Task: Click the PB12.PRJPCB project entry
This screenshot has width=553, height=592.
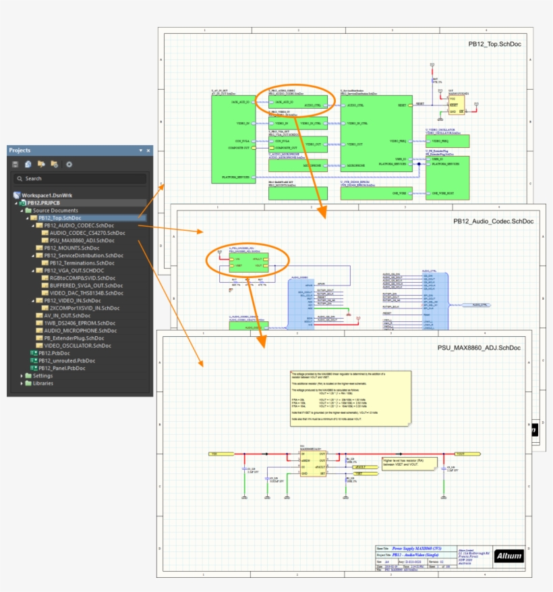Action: point(45,203)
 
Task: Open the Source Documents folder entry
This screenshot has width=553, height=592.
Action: point(55,211)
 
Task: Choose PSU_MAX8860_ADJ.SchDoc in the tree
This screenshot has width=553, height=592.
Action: point(82,240)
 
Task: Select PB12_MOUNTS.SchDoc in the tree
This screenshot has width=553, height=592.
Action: point(71,248)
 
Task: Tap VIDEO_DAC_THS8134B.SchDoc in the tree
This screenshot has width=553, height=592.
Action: point(86,293)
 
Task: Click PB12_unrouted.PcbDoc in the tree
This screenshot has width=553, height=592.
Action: point(66,360)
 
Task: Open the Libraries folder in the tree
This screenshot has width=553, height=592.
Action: point(43,383)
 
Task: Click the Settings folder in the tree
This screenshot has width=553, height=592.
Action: point(42,375)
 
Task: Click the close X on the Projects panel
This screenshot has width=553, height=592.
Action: point(148,151)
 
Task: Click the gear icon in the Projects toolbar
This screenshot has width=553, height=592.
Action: point(68,164)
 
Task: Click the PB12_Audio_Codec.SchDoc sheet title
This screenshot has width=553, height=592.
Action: point(493,221)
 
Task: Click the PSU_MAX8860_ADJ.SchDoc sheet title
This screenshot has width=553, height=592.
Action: point(479,348)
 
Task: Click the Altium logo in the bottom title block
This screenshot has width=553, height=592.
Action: point(508,556)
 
